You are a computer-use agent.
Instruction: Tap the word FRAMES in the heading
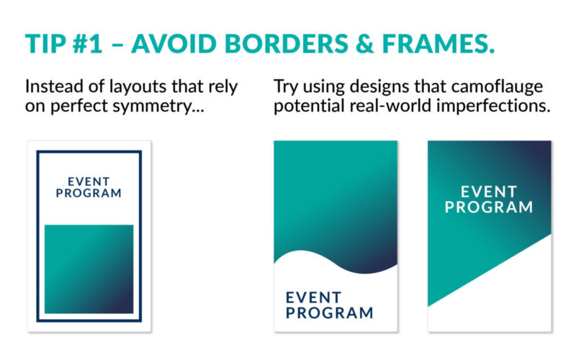click(438, 44)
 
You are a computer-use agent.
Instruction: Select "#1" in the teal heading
click(87, 44)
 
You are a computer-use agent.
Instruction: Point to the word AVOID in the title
click(174, 44)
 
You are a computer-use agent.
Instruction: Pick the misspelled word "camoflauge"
click(497, 87)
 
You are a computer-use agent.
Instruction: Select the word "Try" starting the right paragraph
click(286, 87)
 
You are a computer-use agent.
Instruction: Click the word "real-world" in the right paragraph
click(390, 106)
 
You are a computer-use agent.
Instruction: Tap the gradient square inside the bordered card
click(89, 269)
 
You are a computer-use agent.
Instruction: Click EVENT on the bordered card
click(89, 181)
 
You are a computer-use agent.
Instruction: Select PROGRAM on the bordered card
click(89, 193)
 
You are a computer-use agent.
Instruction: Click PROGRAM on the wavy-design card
click(330, 313)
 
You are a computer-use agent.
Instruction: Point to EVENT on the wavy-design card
click(314, 297)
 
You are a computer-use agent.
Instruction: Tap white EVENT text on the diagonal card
click(489, 192)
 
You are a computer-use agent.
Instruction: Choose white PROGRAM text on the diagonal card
click(489, 207)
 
